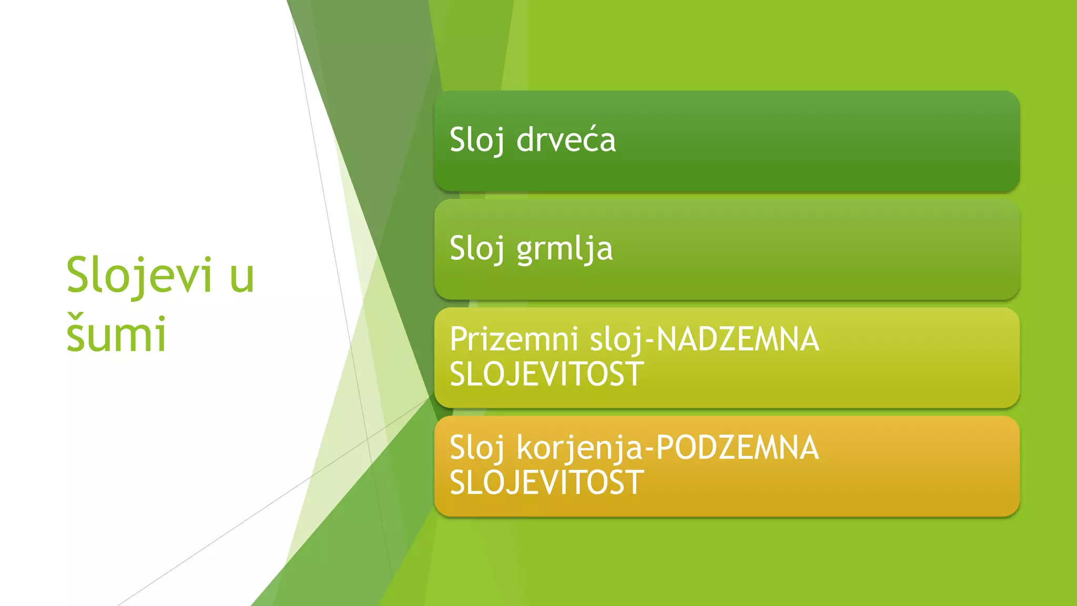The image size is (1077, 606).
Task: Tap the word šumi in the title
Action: (x=116, y=334)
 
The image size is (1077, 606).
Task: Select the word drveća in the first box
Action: (x=566, y=140)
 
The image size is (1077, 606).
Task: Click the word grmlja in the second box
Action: (x=565, y=249)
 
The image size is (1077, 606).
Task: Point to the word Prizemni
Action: (x=514, y=339)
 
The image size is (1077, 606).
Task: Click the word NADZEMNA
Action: (x=738, y=339)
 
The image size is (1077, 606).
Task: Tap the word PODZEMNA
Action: (x=737, y=448)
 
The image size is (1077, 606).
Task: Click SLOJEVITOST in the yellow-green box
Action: (x=546, y=374)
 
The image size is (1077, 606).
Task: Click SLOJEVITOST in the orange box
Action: (x=546, y=482)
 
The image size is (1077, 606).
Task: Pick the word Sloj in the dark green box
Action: (x=477, y=140)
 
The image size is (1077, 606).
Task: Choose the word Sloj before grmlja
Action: (x=477, y=249)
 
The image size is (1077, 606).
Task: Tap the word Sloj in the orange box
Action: (x=477, y=448)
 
